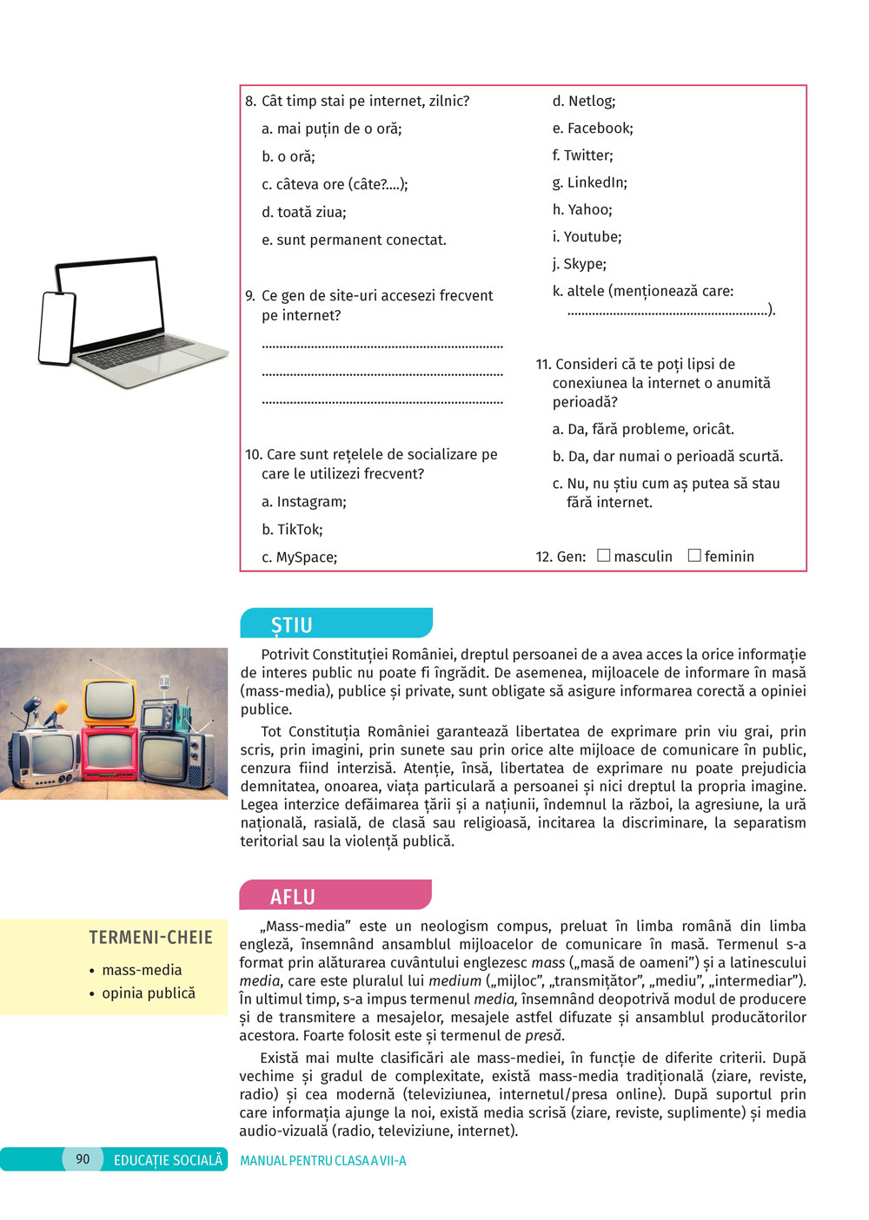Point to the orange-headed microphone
[x=57, y=709]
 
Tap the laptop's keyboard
[x=139, y=353]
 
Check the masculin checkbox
[x=604, y=556]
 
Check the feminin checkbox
[x=694, y=556]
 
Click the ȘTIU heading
[x=292, y=624]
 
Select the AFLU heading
[x=293, y=896]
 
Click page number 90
[x=83, y=1158]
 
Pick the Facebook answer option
[x=600, y=129]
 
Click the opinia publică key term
[x=149, y=992]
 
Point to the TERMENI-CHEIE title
[x=150, y=938]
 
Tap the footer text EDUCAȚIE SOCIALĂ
[x=168, y=1160]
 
